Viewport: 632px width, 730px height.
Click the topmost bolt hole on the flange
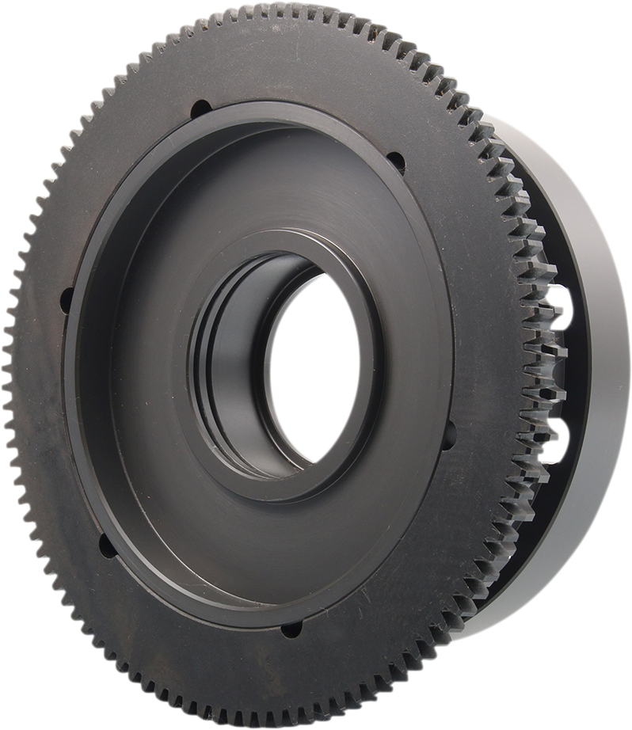tap(201, 108)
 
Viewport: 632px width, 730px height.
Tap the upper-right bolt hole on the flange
tap(395, 162)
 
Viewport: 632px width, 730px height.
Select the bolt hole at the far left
tap(67, 300)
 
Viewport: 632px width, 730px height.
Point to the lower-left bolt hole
tap(105, 545)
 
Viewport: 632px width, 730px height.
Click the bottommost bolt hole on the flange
tap(291, 629)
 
